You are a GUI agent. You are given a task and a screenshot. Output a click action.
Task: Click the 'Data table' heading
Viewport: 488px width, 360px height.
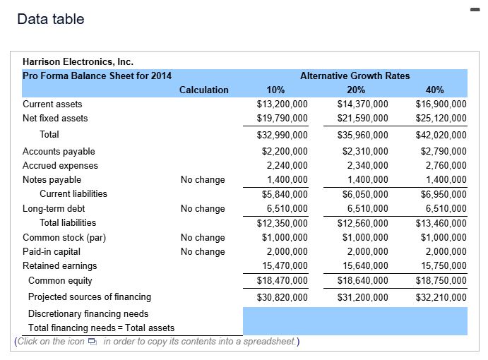[x=51, y=19]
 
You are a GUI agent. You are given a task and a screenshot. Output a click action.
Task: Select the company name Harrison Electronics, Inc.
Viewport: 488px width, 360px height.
[x=78, y=62]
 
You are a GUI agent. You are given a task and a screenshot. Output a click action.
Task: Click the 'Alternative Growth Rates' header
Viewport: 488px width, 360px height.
[x=355, y=76]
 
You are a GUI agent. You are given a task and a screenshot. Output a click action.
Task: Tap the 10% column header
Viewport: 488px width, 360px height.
[x=275, y=90]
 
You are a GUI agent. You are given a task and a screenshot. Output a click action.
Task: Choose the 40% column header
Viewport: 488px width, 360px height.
[x=435, y=90]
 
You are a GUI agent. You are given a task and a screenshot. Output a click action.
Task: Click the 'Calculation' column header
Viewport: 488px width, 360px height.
[x=203, y=90]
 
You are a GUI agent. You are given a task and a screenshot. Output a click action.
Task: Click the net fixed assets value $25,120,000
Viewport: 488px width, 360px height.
[x=440, y=119]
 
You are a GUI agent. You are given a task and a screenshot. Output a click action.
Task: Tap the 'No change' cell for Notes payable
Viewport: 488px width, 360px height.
[x=203, y=180]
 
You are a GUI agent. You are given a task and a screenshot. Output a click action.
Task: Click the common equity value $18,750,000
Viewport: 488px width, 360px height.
[x=440, y=281]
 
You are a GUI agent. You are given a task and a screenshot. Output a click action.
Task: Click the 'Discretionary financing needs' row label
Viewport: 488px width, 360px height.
[x=88, y=313]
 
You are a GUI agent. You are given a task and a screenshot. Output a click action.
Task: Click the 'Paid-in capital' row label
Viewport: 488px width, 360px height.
[x=52, y=252]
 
